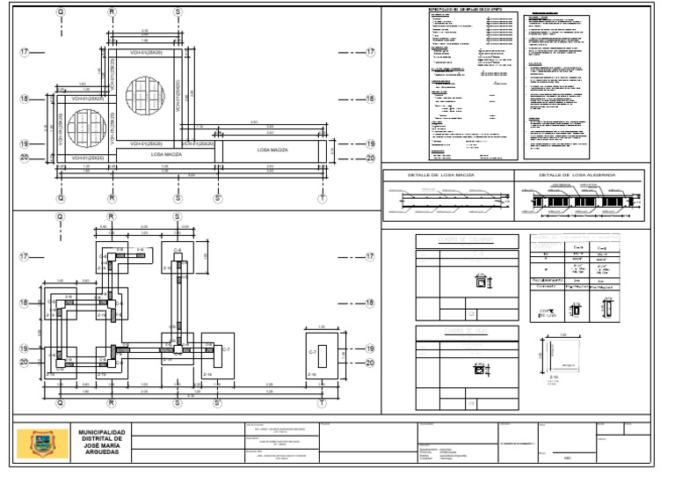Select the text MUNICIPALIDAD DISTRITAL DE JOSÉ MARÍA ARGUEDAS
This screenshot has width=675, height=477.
tap(102, 443)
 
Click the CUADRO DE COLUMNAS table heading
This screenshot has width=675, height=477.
tap(466, 241)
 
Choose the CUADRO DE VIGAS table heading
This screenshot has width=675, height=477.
tap(466, 332)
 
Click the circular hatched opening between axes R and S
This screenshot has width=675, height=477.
tap(144, 94)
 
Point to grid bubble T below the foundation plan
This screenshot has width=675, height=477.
tap(323, 402)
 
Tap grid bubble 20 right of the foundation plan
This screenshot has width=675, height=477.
tap(370, 362)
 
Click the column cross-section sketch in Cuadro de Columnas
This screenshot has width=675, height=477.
tap(480, 283)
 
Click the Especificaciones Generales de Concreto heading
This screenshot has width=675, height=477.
tap(453, 11)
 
